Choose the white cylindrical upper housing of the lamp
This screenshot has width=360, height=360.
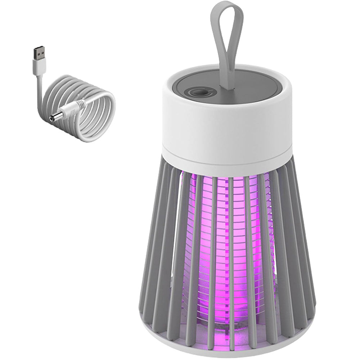coord(227,126)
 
